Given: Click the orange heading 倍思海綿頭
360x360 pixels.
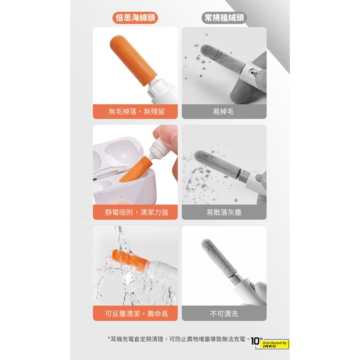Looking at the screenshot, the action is click(x=135, y=18).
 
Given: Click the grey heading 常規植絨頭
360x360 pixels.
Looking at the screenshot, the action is click(x=224, y=18).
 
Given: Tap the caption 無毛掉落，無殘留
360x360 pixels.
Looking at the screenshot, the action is click(x=137, y=111).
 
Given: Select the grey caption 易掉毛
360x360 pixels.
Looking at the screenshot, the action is click(x=223, y=111).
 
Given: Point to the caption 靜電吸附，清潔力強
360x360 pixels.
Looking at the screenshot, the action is click(x=137, y=212).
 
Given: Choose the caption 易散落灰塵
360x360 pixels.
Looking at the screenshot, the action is click(x=224, y=212).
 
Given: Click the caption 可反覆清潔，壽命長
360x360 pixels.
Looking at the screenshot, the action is click(x=137, y=313).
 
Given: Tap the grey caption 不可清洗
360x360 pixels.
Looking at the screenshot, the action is click(x=224, y=313).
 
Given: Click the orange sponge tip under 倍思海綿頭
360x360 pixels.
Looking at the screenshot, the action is click(x=133, y=60).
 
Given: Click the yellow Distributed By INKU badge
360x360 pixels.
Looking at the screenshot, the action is click(x=276, y=344).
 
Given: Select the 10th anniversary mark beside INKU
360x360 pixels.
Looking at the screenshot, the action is click(x=256, y=341).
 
